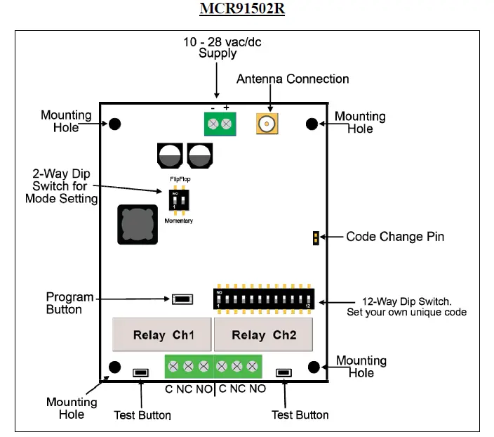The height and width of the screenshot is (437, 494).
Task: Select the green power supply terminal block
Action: (218, 124)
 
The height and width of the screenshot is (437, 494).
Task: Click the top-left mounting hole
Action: (114, 124)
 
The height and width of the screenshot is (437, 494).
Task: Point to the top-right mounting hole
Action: (312, 124)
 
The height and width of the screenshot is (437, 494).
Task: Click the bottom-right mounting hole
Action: (314, 367)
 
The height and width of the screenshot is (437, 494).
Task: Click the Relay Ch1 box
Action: (162, 334)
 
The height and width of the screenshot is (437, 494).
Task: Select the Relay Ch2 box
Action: (263, 334)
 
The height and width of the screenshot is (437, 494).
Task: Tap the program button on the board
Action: (182, 299)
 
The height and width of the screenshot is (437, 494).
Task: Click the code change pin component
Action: (316, 237)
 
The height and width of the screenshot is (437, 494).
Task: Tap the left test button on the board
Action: (140, 372)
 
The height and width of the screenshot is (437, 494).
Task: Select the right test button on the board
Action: (284, 372)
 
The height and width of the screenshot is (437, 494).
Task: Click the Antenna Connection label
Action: (292, 79)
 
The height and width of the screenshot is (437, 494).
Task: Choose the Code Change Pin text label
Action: (394, 237)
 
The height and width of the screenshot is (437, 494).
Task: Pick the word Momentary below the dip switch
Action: (178, 221)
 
